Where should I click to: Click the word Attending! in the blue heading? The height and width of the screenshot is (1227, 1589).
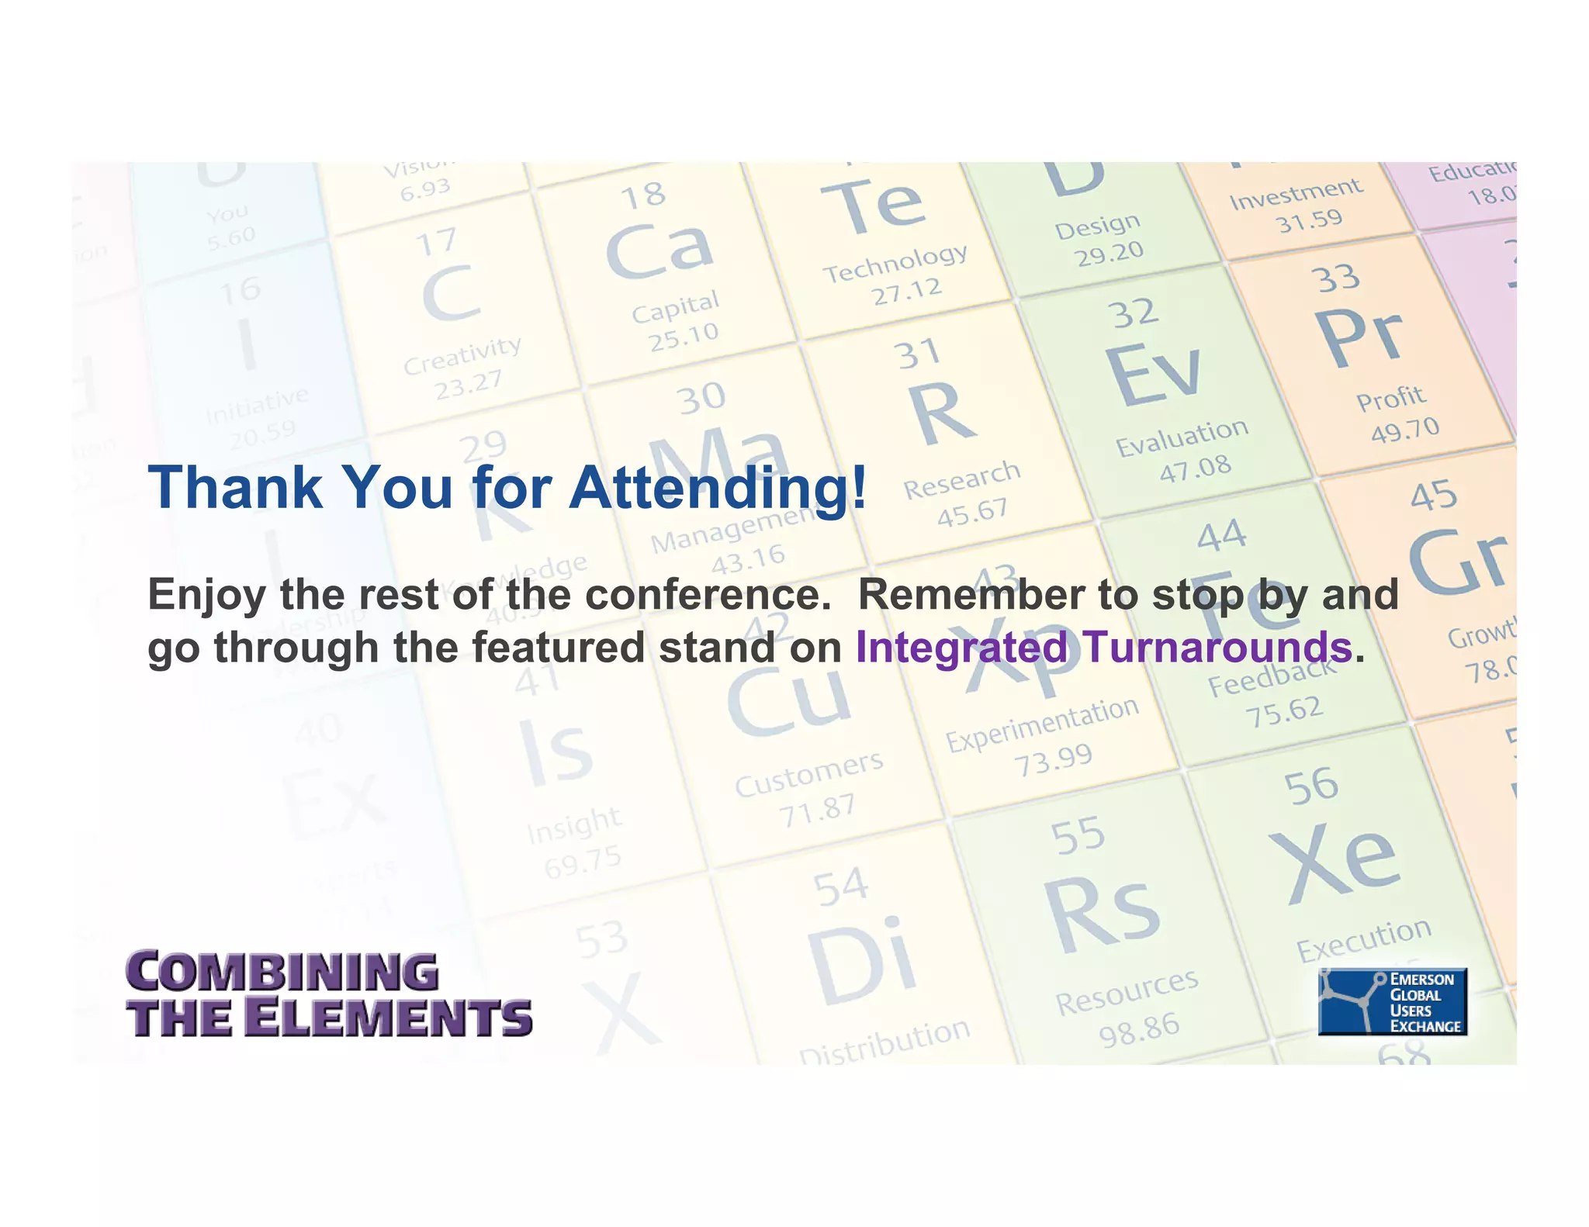click(x=718, y=488)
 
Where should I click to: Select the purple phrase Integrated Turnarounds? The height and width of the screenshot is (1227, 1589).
click(x=1104, y=647)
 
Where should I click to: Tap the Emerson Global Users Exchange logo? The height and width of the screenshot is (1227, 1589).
click(x=1392, y=1001)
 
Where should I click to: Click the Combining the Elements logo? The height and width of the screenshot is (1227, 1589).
click(x=329, y=995)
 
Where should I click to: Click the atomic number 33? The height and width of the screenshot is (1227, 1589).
click(x=1335, y=278)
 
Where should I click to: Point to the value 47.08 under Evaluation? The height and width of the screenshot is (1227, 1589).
click(x=1195, y=468)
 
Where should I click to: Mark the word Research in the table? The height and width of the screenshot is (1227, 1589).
click(x=961, y=479)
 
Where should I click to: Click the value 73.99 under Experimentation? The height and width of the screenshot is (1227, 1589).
click(x=1053, y=759)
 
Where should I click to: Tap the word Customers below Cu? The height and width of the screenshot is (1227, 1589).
click(x=808, y=773)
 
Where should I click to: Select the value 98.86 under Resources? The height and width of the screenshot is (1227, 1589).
click(x=1139, y=1028)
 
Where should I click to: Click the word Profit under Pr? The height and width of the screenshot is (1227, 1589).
click(x=1390, y=398)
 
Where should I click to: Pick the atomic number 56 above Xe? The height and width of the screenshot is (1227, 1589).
click(x=1310, y=786)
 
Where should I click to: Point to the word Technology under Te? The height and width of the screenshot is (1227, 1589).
click(x=895, y=262)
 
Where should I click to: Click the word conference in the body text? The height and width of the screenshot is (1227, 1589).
click(x=701, y=595)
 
